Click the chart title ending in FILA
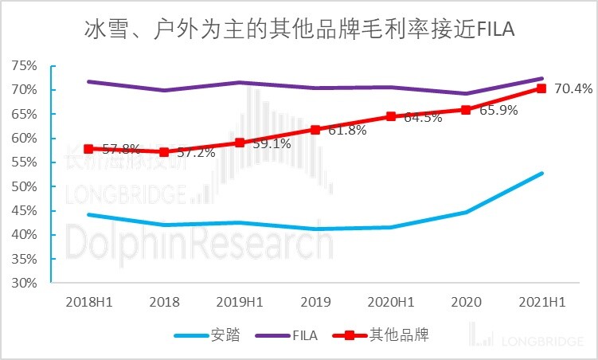299,30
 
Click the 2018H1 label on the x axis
88,303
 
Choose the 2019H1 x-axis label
240,303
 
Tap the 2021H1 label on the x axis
541,303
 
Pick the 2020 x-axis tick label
466,303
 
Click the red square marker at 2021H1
541,88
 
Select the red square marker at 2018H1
89,149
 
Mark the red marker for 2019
315,129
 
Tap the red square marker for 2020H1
390,116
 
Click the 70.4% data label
573,88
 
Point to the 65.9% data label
498,110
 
